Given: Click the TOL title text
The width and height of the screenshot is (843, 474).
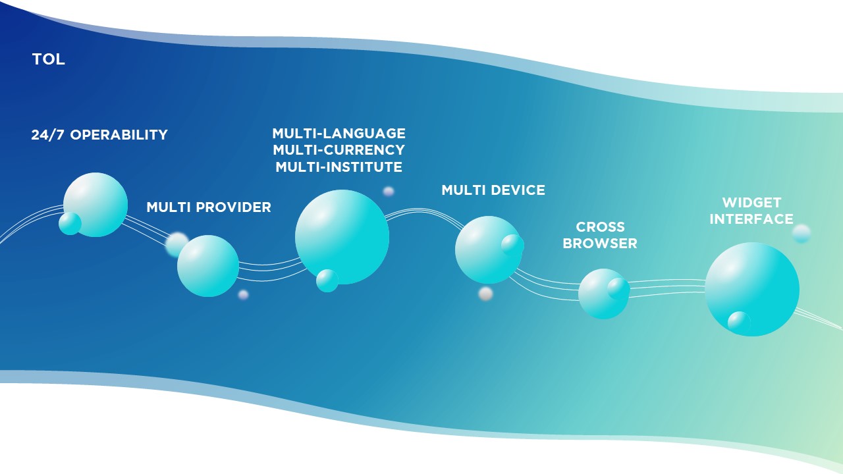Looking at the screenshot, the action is pos(49,59).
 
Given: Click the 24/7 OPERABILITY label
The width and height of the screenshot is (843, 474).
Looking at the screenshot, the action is pos(99,135).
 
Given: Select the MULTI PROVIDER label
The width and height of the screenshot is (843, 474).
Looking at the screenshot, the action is pos(209,207).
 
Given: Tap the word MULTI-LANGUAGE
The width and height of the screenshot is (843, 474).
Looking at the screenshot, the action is pos(339,133).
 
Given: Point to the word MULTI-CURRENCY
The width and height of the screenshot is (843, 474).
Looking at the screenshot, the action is pos(339,149).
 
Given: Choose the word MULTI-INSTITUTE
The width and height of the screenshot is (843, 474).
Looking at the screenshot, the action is pos(339,167).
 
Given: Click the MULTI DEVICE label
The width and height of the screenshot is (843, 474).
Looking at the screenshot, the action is pos(493,190).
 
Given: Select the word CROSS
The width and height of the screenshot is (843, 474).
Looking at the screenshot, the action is pos(600,227).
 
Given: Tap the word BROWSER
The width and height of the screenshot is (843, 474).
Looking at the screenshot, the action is pos(600,244).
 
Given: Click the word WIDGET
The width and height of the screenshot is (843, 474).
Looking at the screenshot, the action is pos(751,203).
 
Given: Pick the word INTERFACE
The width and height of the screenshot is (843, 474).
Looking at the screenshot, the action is pos(751,219).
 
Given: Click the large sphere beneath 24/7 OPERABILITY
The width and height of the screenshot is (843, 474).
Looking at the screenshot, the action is pos(95,205).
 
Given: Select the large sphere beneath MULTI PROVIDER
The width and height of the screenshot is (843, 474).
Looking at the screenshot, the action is pos(207,266).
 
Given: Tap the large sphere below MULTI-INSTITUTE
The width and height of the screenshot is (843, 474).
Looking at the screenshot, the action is pos(342,237).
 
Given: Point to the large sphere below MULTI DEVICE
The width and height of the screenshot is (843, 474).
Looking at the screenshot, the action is pos(489,250).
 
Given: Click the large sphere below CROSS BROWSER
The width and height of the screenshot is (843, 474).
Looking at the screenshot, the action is pos(603,294).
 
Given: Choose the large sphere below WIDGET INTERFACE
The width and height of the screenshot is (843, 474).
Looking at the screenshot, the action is pos(752,289).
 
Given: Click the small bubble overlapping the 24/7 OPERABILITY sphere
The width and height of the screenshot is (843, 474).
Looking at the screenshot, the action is pos(70,223).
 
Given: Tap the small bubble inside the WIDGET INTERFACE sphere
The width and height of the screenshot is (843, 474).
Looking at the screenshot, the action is pos(739,323).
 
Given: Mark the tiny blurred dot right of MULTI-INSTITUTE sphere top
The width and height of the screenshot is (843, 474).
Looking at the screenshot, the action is pos(389,192).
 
